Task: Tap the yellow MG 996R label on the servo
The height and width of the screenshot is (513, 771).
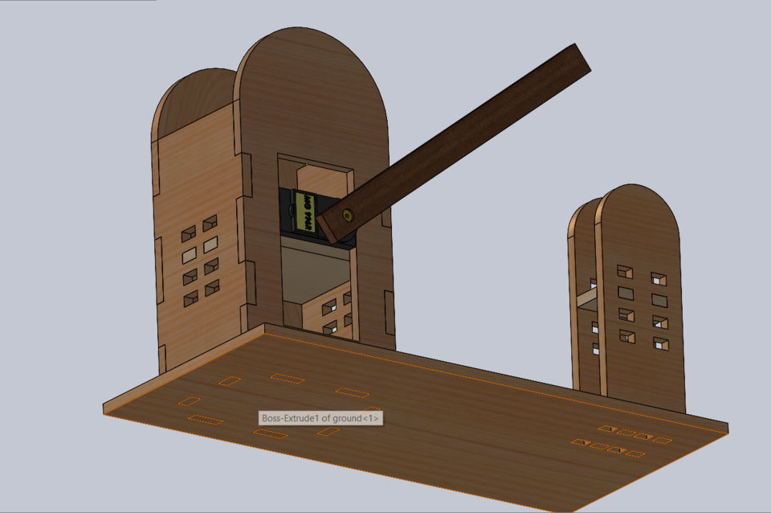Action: (304, 211)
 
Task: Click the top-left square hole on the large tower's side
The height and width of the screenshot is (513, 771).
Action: (189, 234)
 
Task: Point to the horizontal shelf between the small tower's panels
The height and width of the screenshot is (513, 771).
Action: (585, 299)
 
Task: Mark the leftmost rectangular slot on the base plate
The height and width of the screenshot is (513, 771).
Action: (190, 400)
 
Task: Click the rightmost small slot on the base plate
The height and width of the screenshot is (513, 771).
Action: (663, 440)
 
